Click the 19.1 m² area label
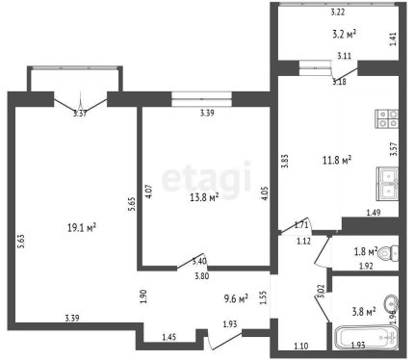pos(82,228)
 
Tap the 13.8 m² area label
pos(204,197)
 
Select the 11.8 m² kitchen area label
pos(337,160)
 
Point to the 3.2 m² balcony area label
pos(344,34)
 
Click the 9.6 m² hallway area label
pos(236,298)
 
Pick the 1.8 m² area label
pos(366,251)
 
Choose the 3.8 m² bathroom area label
pos(364,311)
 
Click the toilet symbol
pos(388,253)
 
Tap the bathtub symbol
pos(366,337)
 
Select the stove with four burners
pos(387,118)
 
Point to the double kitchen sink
pos(388,184)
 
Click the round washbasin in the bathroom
pos(391,303)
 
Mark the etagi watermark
pos(206,177)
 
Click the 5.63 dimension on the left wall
pos(21,242)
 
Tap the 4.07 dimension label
pos(149,192)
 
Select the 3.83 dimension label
pos(284,162)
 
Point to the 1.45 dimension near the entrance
pos(168,337)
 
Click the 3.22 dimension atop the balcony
pos(338,13)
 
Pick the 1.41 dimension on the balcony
pos(394,39)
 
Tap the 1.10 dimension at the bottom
pos(301,346)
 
